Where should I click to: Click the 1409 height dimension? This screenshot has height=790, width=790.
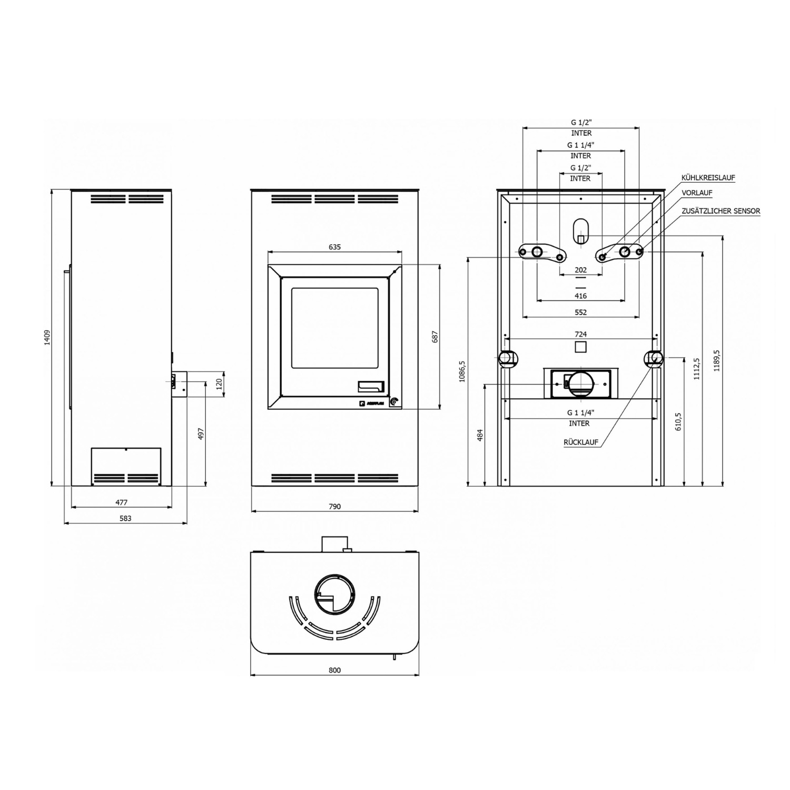pos(47,337)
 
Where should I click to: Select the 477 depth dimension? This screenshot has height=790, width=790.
pos(121,502)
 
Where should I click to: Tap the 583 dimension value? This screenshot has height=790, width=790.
pos(125,518)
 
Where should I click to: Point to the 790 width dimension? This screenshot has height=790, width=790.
pos(334,507)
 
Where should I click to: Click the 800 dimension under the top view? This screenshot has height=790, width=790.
pos(334,670)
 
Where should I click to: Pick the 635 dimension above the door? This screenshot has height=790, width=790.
pos(334,247)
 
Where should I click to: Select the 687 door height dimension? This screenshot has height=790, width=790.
pos(435,337)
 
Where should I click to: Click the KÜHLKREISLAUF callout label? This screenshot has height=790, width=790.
pos(708,178)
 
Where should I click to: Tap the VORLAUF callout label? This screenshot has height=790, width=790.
pos(697,193)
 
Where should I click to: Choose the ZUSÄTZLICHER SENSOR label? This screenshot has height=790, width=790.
pos(720,211)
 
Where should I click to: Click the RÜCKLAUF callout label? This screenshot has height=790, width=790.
pos(581,442)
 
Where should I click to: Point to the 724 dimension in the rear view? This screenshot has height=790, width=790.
pos(580,334)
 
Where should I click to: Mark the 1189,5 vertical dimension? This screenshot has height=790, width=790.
pos(717,361)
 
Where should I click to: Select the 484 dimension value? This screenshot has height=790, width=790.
pos(480,435)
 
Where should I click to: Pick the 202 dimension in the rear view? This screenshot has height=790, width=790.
pos(580,270)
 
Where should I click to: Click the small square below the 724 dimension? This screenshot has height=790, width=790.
pos(580,347)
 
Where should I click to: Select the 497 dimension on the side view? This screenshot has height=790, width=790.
pos(201,434)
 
